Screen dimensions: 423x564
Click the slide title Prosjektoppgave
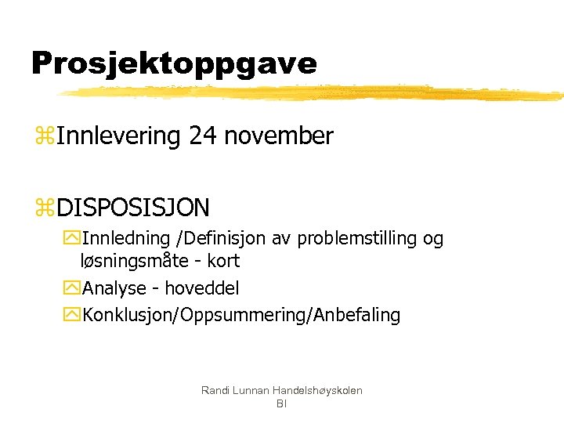pos(174,63)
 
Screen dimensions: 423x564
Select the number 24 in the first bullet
pos(203,136)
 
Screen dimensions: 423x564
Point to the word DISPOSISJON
pos(133,208)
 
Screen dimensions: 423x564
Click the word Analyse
pos(114,288)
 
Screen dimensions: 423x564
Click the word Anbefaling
pos(357,316)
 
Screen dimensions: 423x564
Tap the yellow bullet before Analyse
pos(73,288)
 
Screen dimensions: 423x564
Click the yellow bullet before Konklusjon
pos(73,316)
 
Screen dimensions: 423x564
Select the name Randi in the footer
pos(215,390)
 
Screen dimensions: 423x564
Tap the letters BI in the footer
pos(282,403)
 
